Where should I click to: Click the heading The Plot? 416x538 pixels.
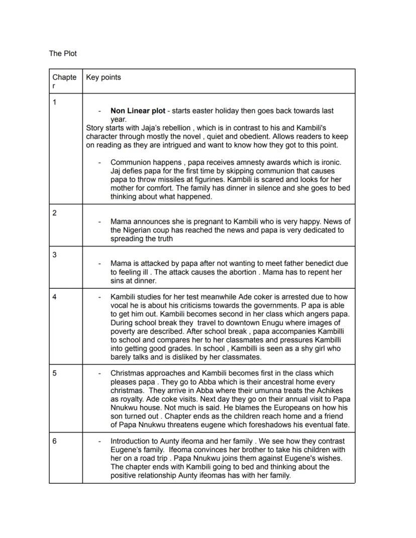click(x=63, y=53)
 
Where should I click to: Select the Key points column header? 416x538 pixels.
click(x=103, y=77)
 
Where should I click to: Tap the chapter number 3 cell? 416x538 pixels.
click(x=55, y=255)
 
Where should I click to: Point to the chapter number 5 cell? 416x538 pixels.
click(x=55, y=373)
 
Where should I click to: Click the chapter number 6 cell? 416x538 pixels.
click(x=55, y=442)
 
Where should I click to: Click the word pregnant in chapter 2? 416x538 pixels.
click(x=213, y=222)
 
